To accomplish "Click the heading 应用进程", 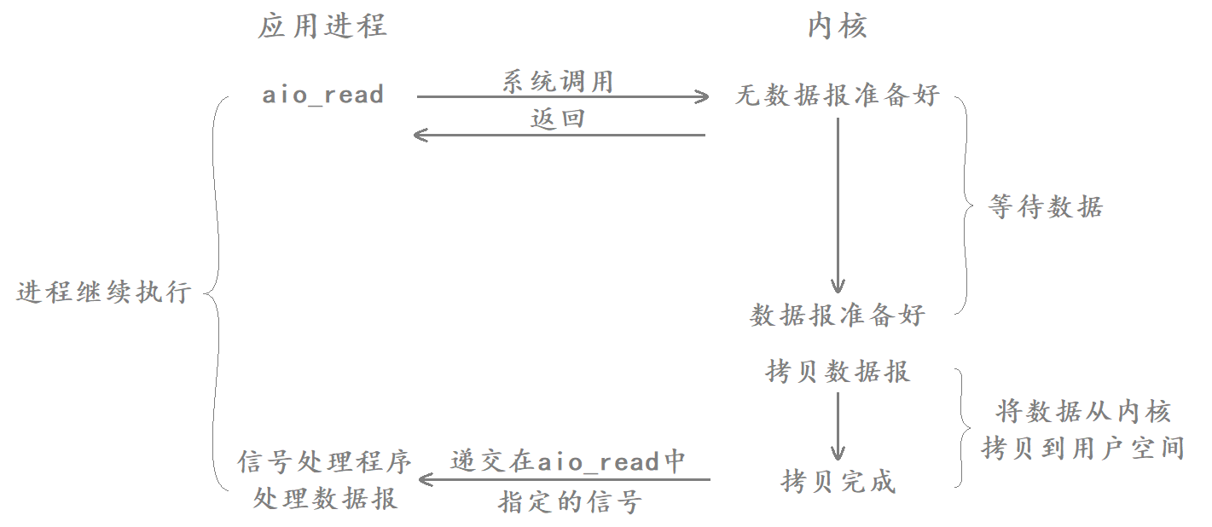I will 322,26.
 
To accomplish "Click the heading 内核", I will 837,26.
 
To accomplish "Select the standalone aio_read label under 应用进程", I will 322,95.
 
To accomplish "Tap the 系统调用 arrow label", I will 558,82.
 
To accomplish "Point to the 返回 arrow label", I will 558,119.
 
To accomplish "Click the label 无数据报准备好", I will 837,96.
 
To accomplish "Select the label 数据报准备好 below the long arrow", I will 837,316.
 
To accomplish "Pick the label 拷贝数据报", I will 837,372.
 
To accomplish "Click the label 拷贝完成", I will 837,482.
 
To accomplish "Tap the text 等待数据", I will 1046,207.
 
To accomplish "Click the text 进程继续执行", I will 103,292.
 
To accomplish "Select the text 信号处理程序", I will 324,462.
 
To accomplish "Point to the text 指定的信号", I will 569,501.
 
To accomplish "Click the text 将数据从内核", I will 1083,413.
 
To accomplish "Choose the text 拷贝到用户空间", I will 1083,448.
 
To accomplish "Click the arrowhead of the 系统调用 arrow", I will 702,96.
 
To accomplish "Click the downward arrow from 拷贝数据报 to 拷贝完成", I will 838,426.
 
